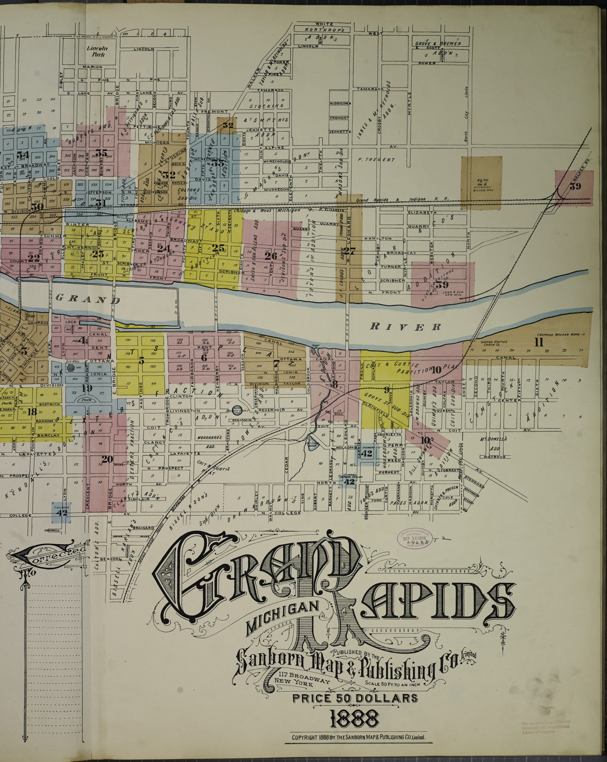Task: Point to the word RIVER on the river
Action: coord(405,327)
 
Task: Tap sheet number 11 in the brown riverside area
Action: coord(539,342)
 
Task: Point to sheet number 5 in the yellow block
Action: coord(141,360)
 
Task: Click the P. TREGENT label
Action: coord(376,160)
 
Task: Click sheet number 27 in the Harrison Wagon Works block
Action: coord(482,182)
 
